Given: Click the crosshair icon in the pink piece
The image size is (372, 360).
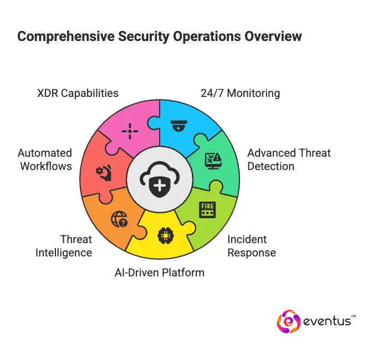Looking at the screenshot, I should click(130, 131).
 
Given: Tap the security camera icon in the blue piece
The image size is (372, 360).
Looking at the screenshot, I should click(179, 126).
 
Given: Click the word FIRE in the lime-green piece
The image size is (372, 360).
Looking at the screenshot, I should click(207, 206).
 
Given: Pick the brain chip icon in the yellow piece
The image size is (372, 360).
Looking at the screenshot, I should click(165, 235).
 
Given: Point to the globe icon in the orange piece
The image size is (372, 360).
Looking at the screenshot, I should click(119, 219).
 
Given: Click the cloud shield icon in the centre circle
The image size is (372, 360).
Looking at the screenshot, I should click(160, 179).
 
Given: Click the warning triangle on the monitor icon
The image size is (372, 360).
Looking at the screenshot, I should click(217, 158).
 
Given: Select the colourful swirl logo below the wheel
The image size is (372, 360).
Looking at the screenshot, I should click(288, 322).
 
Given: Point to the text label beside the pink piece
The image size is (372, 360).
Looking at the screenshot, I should click(77, 93).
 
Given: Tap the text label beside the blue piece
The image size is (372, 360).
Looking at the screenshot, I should click(241, 93).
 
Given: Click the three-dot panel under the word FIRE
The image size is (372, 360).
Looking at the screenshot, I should click(207, 213).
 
